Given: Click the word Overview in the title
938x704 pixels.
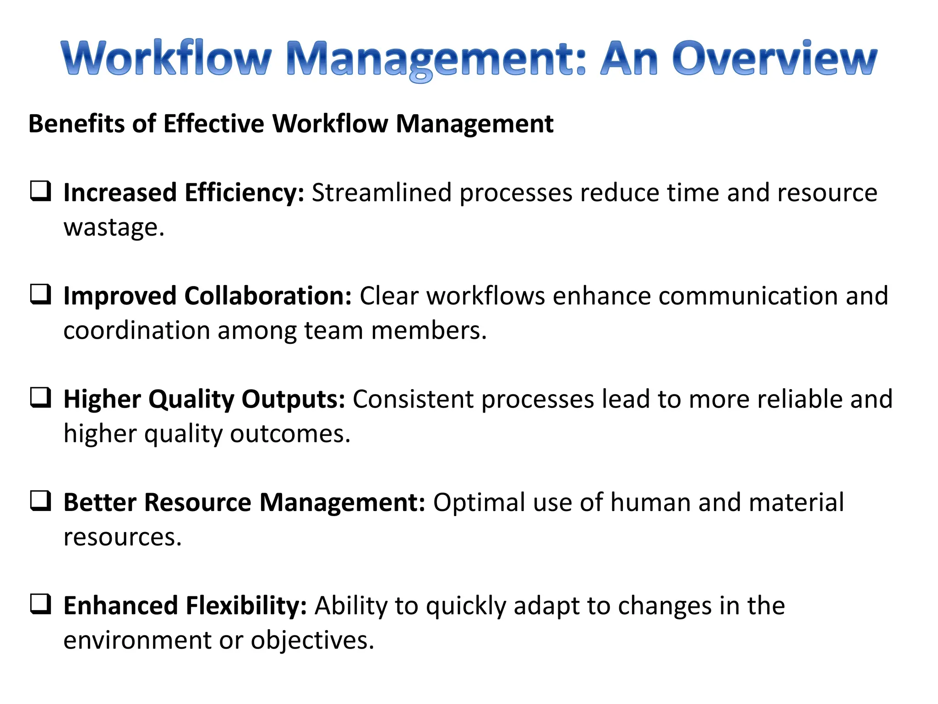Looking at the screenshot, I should (774, 59).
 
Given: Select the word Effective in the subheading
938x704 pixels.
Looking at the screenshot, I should (213, 124).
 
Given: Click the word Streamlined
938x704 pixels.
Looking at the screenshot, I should (382, 192).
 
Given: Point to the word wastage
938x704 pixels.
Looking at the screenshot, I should (114, 227).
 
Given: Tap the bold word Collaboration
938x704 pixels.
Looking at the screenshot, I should (268, 296).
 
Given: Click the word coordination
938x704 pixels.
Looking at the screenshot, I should (136, 330).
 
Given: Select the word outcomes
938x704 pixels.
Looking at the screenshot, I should (290, 434).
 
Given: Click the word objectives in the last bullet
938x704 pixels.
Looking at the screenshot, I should (312, 640).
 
